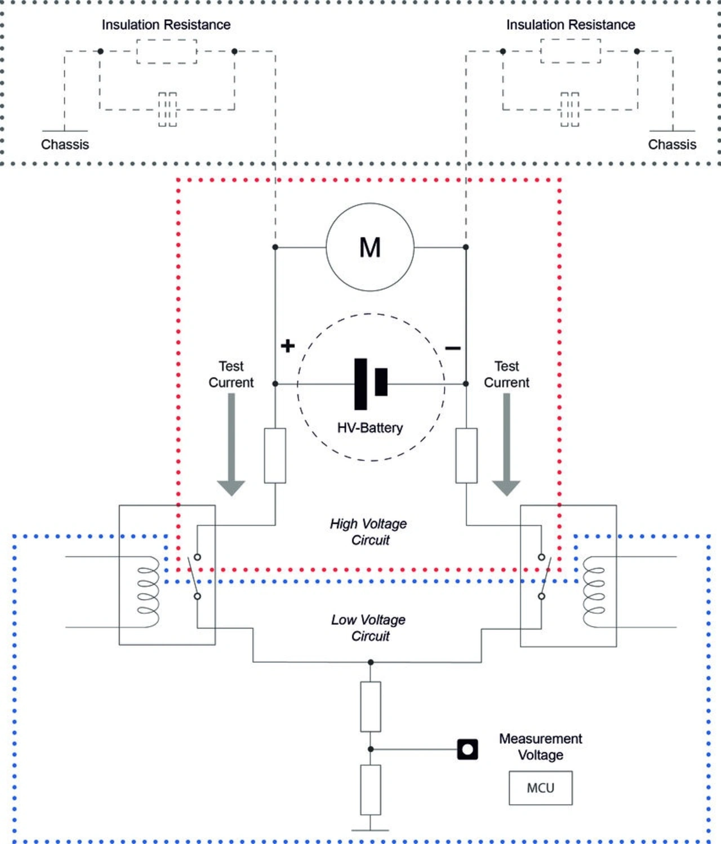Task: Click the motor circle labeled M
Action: point(370,247)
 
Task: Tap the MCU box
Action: point(540,788)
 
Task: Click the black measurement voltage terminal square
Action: point(468,749)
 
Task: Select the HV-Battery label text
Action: point(370,428)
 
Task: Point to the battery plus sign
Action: point(287,345)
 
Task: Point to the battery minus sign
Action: point(453,349)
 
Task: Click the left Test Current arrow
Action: point(231,445)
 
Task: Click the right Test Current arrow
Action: point(506,445)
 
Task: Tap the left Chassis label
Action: point(65,145)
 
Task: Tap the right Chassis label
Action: point(672,145)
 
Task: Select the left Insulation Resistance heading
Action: point(166,25)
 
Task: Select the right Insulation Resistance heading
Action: point(571,25)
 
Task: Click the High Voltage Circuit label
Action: point(369,532)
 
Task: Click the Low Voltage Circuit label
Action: point(369,628)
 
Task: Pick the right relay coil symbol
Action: point(594,592)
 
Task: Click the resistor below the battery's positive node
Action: point(275,456)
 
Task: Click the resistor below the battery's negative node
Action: point(466,456)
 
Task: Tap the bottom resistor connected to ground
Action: point(371,789)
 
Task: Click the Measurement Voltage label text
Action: point(540,747)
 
